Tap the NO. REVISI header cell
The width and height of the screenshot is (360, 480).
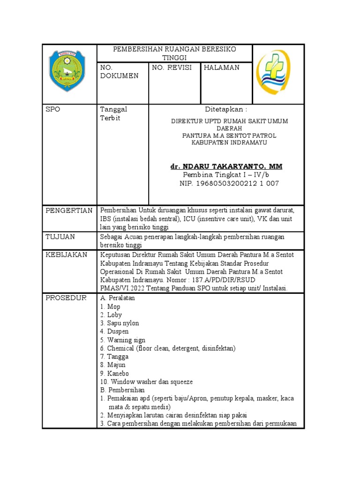click(x=172, y=67)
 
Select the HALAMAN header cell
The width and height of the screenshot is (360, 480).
click(x=221, y=67)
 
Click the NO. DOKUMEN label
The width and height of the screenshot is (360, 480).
click(x=120, y=72)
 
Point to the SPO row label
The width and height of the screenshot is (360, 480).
click(x=53, y=109)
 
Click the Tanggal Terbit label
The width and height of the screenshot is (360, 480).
click(x=114, y=113)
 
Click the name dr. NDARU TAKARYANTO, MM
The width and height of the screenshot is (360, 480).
click(x=226, y=166)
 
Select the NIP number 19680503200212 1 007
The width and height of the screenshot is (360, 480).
click(x=229, y=183)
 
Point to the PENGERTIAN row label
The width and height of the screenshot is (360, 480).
click(x=69, y=210)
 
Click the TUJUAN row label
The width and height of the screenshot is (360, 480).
click(x=60, y=237)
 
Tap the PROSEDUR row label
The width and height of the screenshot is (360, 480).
click(x=66, y=298)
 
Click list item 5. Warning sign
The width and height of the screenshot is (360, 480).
click(x=123, y=340)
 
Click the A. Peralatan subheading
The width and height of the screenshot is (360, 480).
click(x=117, y=298)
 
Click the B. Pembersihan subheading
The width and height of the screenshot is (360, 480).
click(x=122, y=390)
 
